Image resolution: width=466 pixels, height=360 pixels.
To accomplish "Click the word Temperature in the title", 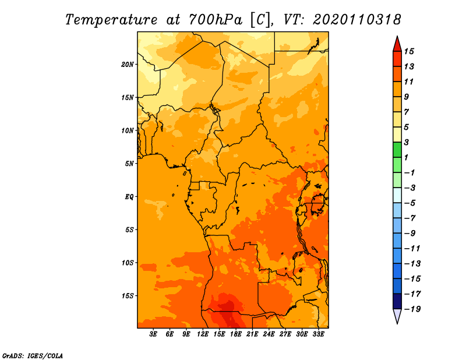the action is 111,20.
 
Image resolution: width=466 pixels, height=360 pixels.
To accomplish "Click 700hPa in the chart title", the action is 216,20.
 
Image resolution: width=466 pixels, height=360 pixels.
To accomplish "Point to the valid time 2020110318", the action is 357,20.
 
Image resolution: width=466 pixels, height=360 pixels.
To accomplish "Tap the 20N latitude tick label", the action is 128,65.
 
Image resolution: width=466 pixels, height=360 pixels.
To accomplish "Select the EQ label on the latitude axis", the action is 129,197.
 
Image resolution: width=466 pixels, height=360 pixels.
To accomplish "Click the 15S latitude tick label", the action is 128,296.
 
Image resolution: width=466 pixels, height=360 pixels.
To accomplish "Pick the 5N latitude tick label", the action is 129,164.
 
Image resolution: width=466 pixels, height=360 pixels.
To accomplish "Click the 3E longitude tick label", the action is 153,334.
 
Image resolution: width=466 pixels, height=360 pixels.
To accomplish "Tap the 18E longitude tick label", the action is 236,334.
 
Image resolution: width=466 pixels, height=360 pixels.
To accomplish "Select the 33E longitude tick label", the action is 318,334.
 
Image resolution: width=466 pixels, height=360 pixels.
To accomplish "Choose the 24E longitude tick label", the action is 269,334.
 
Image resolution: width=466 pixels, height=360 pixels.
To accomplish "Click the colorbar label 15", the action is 409,51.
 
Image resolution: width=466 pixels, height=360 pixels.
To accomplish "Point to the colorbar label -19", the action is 412,309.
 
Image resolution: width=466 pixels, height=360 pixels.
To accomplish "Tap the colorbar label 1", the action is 406,157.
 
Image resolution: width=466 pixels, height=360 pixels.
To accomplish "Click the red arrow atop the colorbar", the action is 397,44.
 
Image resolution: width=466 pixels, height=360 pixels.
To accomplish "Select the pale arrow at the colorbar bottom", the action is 397,316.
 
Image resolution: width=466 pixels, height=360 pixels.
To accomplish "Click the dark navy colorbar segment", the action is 397,301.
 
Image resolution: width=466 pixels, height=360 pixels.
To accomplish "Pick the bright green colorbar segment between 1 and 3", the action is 397,150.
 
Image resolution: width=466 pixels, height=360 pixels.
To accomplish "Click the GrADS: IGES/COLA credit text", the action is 33,355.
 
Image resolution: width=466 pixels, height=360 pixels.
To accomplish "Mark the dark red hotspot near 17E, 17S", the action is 227,310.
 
